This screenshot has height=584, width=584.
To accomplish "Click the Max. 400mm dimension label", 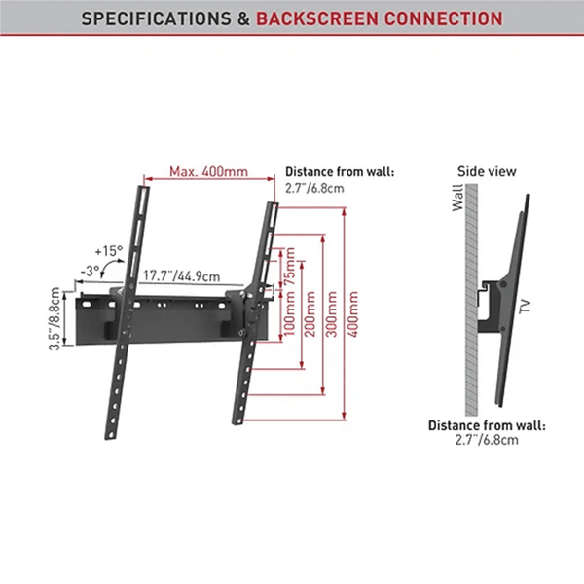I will click(x=208, y=172).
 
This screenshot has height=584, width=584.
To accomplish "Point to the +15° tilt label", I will click(x=109, y=251).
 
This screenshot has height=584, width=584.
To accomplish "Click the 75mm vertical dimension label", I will click(x=289, y=268).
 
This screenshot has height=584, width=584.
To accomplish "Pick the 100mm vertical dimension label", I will click(x=289, y=313).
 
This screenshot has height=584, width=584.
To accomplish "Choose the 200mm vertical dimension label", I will click(x=310, y=313).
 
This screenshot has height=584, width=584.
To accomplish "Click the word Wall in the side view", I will click(x=458, y=201).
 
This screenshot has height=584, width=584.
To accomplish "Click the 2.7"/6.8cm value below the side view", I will click(x=487, y=440).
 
